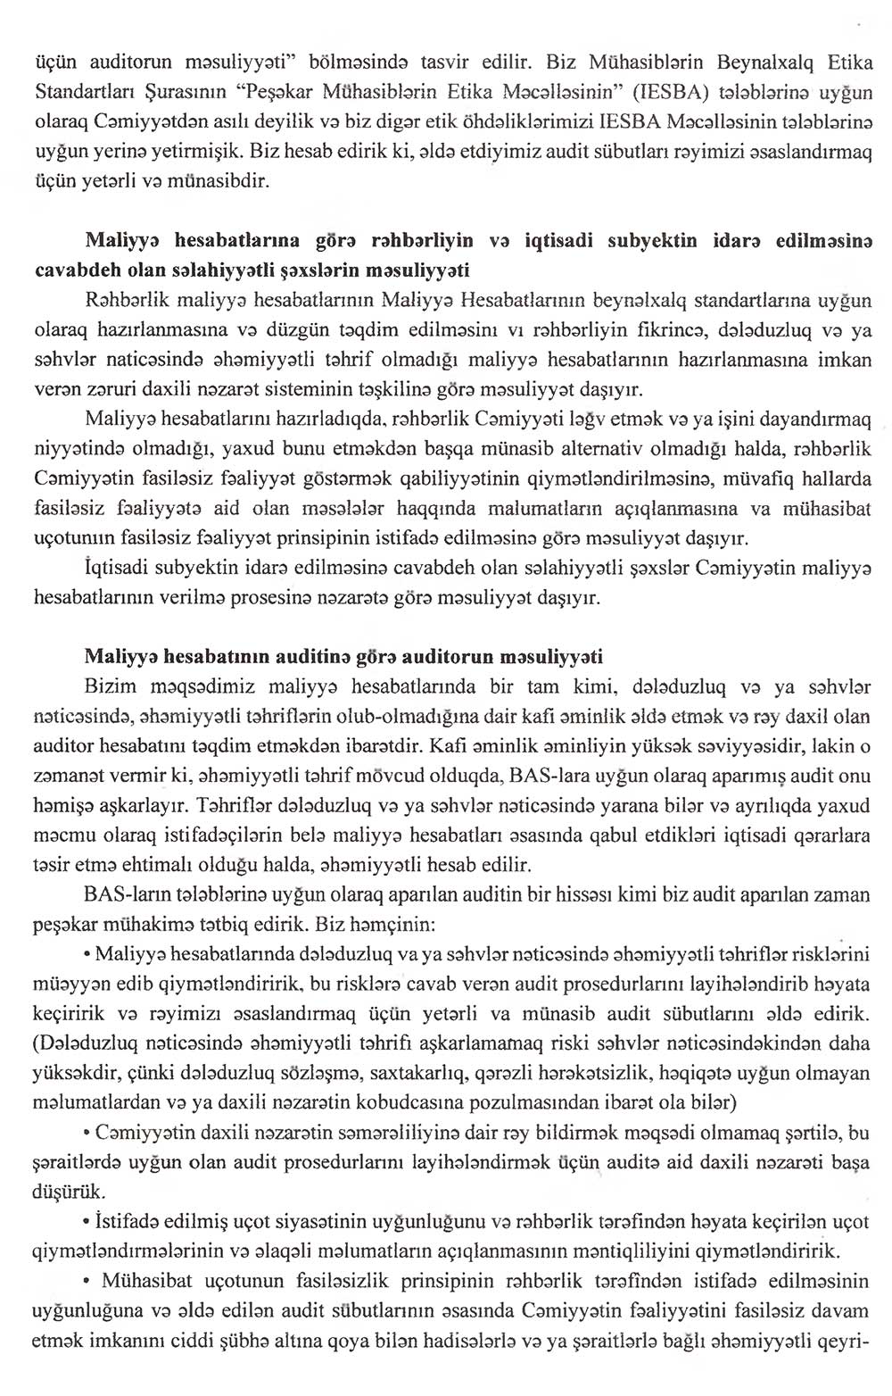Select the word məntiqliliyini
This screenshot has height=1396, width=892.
(615, 1247)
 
